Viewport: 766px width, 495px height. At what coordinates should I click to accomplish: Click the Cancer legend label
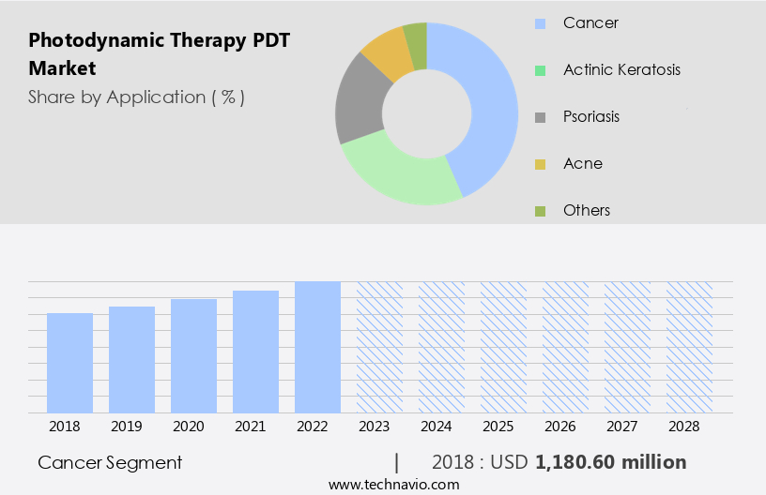tap(590, 22)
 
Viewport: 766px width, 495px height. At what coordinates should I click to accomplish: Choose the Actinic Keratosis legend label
tap(621, 69)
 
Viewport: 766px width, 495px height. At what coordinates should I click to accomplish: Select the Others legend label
tap(587, 210)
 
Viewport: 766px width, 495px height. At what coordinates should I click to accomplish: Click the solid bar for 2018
tap(69, 363)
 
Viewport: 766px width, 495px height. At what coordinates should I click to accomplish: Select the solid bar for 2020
tap(193, 356)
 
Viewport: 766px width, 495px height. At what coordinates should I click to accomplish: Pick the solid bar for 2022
tap(317, 347)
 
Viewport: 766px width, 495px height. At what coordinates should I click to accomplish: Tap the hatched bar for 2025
tap(503, 347)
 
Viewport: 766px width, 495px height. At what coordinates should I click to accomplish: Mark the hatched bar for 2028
tap(689, 347)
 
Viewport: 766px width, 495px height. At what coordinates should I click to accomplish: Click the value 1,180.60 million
tap(610, 462)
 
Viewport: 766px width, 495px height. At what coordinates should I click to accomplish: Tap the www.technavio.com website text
tap(394, 485)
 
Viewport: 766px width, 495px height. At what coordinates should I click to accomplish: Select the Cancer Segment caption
tap(110, 462)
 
